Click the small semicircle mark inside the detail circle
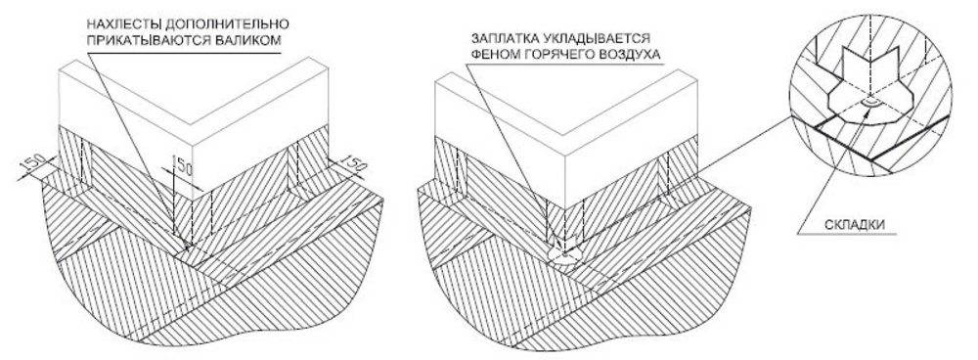click(x=869, y=102)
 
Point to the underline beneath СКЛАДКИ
click(x=847, y=235)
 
